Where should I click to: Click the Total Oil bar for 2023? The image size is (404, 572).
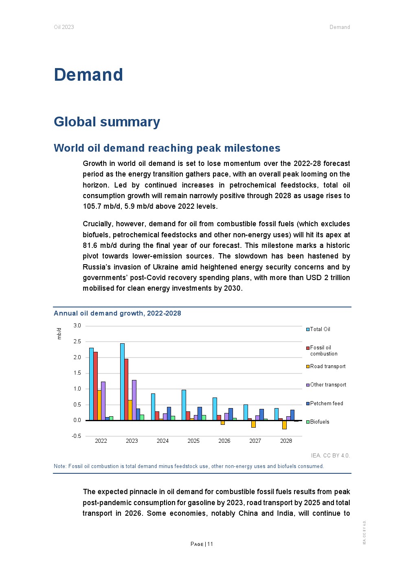pos(122,382)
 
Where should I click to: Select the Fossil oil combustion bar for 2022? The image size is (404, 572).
pos(95,386)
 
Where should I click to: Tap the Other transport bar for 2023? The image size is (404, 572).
pos(134,400)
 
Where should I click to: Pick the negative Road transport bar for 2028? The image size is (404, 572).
pos(284,424)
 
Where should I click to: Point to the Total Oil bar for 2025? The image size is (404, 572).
pos(184,405)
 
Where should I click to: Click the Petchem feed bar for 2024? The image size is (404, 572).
pos(169,413)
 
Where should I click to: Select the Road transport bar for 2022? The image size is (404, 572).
pos(99,405)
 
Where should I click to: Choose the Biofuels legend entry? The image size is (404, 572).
pos(319,422)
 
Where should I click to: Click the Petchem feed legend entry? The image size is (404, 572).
pos(326,403)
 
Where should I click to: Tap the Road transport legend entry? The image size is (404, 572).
pos(327,366)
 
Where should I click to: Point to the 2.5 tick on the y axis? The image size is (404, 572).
pos(77,341)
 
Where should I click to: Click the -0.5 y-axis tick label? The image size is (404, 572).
pos(76,436)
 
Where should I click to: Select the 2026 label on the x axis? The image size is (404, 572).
pos(224,441)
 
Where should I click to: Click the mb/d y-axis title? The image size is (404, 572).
pos(59,333)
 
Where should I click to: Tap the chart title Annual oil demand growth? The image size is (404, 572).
pos(117,313)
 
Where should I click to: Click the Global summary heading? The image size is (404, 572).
pos(107,121)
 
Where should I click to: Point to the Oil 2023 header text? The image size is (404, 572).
pos(64,27)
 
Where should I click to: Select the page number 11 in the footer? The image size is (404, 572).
pos(210,544)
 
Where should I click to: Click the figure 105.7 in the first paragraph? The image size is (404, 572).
pos(91,206)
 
